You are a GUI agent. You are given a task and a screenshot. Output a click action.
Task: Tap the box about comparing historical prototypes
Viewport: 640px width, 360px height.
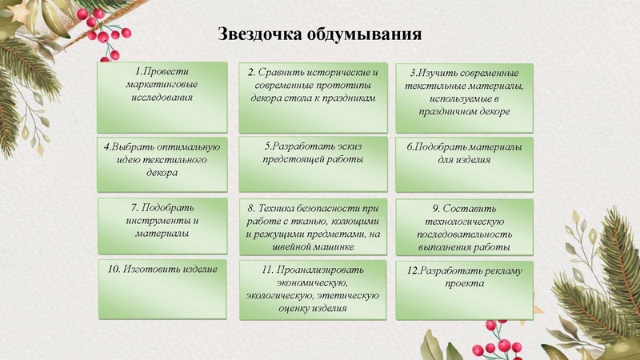click(x=312, y=97)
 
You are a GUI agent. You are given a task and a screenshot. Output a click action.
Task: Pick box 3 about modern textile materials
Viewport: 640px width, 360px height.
click(x=464, y=98)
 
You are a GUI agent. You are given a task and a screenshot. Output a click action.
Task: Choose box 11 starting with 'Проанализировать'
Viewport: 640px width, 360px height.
click(x=312, y=288)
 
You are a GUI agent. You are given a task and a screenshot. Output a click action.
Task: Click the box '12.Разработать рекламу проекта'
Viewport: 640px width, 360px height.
click(x=464, y=288)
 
